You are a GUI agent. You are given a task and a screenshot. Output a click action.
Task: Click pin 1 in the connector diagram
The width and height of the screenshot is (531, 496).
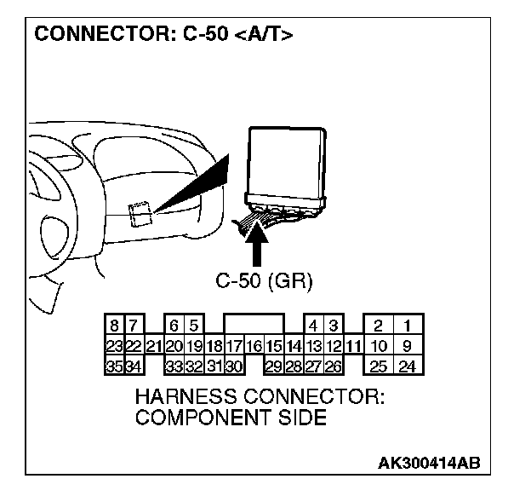tap(409, 326)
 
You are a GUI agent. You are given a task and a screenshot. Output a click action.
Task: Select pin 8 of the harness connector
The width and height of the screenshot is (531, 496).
tap(114, 326)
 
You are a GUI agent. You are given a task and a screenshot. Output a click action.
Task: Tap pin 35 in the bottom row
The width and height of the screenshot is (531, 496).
tap(114, 366)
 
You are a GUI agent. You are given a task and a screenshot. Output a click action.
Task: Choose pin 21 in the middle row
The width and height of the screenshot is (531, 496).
tap(153, 346)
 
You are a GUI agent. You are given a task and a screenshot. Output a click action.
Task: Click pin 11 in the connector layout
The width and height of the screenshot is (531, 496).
tap(355, 346)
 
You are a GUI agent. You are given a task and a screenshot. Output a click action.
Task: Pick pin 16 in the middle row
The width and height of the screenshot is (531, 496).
tap(253, 346)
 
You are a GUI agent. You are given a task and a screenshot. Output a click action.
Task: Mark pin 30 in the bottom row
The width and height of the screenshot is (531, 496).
tap(235, 366)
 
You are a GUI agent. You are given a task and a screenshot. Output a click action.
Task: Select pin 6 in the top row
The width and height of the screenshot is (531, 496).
tap(174, 326)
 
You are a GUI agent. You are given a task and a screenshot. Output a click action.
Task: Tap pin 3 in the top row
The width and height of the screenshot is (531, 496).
tap(334, 326)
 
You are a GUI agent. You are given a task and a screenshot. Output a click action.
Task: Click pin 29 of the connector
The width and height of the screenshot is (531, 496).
tap(273, 366)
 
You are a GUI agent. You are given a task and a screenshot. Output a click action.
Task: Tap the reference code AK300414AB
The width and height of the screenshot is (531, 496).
tap(429, 463)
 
